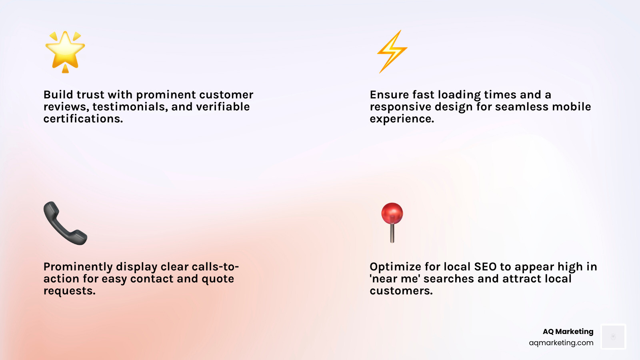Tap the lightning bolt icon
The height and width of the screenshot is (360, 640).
point(392,51)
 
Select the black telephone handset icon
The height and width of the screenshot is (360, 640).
point(65,223)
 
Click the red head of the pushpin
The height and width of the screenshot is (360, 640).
point(392,213)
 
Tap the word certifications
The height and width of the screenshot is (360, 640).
point(83,119)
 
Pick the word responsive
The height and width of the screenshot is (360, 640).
point(400,107)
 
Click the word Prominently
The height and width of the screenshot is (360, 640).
point(78,267)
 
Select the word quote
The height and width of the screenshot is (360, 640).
point(218,279)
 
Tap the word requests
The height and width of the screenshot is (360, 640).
point(69,291)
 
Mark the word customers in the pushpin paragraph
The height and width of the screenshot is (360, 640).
point(401,291)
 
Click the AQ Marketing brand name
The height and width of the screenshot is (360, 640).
point(568,332)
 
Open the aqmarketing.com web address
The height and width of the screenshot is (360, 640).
point(561,343)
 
